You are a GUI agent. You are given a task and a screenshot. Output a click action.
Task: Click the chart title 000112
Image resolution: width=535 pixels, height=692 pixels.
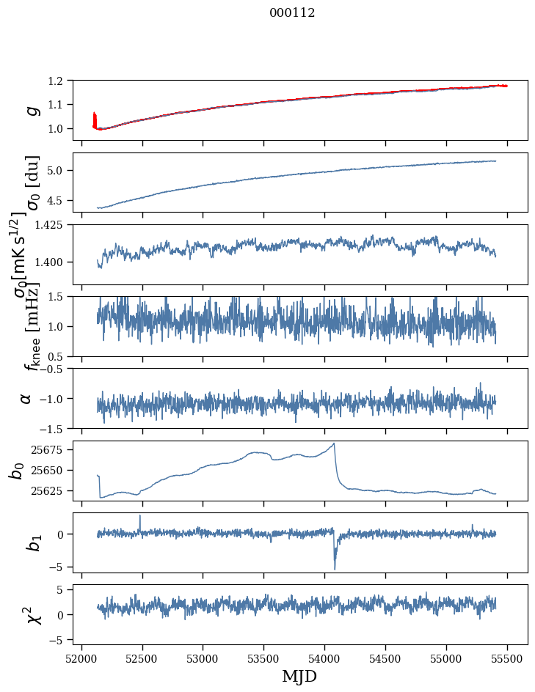[x=292, y=13]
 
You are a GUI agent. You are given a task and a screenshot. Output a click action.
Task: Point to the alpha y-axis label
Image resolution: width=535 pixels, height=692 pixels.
[x=26, y=397]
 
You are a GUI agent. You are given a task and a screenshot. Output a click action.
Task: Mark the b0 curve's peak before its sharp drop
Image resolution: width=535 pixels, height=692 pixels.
[x=334, y=443]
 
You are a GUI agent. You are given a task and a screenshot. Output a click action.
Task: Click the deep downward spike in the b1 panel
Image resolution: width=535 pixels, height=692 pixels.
[x=335, y=568]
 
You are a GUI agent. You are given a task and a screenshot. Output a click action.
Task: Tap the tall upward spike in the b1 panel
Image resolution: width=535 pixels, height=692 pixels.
[x=140, y=516]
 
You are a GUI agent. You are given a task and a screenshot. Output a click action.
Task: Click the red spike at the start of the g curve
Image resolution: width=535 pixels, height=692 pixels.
[x=95, y=117]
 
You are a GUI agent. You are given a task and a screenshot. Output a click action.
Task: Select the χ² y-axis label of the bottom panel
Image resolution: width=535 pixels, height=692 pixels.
[x=32, y=614]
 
